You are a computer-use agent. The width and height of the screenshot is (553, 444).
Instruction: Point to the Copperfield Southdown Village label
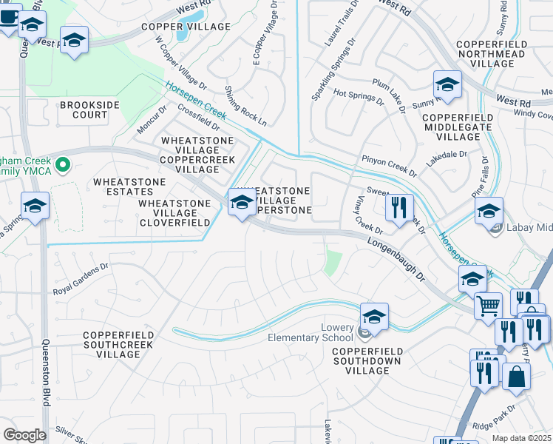[366, 356]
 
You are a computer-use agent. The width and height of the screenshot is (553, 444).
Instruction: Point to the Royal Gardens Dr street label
[81, 278]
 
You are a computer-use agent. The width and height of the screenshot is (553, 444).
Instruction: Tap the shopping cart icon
[488, 305]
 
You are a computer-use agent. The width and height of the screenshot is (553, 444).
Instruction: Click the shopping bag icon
[516, 375]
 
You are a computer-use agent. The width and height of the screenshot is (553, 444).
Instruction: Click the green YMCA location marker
[63, 164]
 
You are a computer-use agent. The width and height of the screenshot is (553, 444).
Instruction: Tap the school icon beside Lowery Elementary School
[374, 317]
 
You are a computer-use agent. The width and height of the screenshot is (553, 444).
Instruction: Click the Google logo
[25, 435]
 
